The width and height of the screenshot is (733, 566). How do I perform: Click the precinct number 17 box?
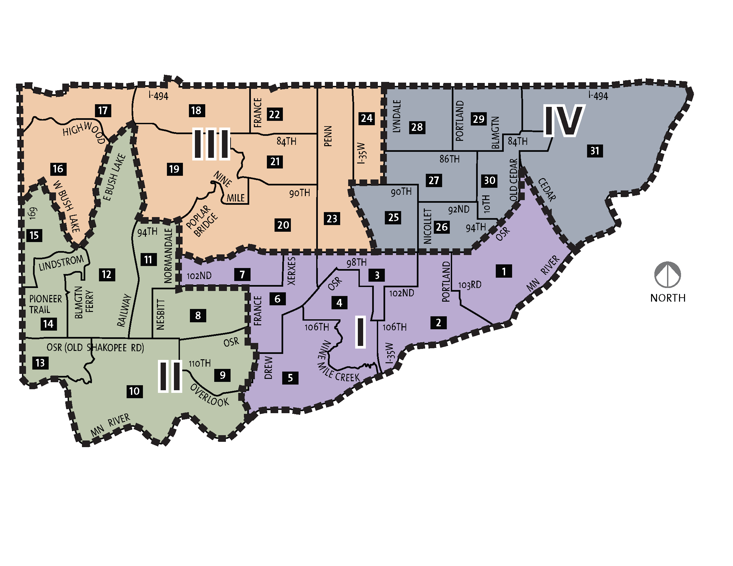coord(103,110)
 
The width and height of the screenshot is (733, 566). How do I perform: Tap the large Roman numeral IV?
coord(563,121)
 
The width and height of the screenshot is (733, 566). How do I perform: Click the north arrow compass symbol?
coord(667,275)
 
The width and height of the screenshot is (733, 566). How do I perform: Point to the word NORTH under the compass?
coord(668,298)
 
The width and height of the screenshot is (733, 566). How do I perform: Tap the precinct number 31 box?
coord(595,151)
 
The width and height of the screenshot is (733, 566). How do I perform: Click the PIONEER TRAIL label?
coord(45,304)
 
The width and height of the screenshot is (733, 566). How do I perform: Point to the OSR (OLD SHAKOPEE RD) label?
coord(95,348)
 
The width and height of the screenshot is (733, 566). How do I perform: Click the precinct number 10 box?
coord(134,391)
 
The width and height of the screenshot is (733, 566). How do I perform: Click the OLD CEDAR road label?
coord(513,180)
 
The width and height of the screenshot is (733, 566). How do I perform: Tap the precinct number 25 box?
coord(393,218)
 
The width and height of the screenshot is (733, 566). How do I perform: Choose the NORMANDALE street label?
coord(168,255)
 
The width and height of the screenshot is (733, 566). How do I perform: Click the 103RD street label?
coord(470,285)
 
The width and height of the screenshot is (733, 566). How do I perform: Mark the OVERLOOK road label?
coord(210,395)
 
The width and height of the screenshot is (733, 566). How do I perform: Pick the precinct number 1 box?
coord(503,271)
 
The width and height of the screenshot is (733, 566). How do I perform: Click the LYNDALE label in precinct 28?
coord(397,116)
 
